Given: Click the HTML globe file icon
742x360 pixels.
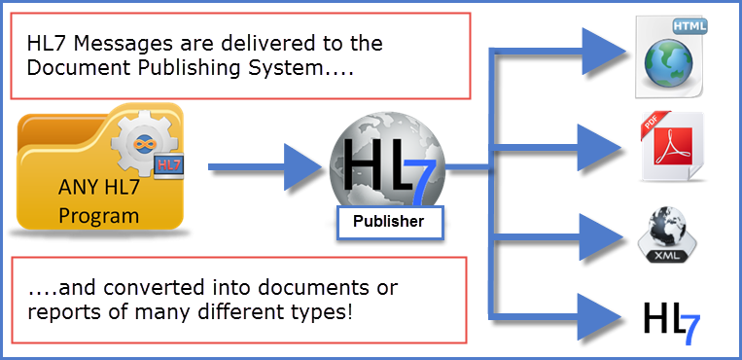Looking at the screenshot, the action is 670,56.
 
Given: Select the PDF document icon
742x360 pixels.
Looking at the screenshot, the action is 671,146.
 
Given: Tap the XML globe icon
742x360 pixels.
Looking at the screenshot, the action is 667,234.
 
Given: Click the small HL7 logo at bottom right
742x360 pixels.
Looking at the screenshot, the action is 671,323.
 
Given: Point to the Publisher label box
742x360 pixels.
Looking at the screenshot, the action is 390,222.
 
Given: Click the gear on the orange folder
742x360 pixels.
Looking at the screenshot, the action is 143,142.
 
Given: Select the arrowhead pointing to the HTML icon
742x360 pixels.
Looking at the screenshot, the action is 603,51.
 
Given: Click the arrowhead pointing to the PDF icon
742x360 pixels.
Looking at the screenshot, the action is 599,148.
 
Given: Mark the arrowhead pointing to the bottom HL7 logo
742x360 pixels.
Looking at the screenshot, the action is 599,316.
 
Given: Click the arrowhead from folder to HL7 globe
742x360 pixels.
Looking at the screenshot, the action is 301,166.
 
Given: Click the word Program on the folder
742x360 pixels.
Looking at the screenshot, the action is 98,217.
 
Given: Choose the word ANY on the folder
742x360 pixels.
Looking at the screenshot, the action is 76,188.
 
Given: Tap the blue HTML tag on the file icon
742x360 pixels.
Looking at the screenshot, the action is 689,26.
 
